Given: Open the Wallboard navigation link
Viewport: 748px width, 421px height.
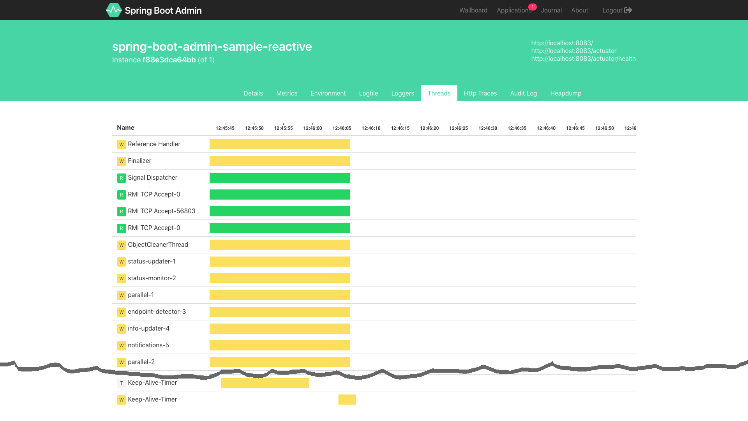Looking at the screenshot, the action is click(x=473, y=10).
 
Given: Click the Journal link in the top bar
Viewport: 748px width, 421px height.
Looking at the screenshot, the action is click(x=551, y=10).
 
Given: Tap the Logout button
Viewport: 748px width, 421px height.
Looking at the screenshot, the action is click(x=617, y=10).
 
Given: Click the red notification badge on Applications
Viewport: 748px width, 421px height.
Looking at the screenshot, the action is click(x=533, y=7).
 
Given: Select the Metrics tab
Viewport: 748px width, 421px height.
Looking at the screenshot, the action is click(x=287, y=93).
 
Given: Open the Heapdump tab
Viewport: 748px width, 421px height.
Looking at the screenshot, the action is click(x=566, y=93).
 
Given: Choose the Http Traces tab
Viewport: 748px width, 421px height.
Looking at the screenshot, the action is click(x=480, y=93).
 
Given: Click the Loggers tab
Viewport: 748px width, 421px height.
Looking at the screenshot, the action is click(x=402, y=93).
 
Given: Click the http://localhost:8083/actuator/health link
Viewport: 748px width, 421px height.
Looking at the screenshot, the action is click(x=583, y=58).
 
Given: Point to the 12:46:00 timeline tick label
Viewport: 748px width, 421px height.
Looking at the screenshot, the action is click(x=312, y=128).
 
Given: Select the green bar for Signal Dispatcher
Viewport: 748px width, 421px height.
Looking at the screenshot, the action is click(x=280, y=178).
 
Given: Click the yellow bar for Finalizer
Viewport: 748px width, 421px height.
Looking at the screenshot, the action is click(x=280, y=161).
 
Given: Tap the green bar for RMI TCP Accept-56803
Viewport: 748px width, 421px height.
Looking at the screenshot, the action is click(x=280, y=211).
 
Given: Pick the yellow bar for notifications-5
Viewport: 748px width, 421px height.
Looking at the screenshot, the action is click(x=280, y=345).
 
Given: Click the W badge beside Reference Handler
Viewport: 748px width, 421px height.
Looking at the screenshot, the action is click(x=122, y=144).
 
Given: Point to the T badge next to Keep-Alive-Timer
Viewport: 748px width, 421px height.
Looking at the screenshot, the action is click(x=122, y=383).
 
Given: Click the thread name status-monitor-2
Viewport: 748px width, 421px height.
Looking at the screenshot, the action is click(x=152, y=278).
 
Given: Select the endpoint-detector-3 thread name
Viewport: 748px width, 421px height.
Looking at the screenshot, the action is click(x=157, y=311).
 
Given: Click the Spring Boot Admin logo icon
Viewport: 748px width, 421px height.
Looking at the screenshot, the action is click(x=114, y=10).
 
